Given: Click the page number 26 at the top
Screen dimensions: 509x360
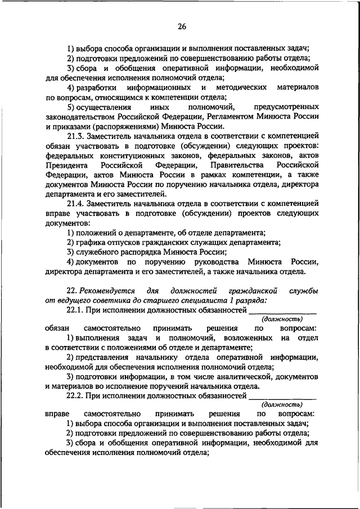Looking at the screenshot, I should (182, 27).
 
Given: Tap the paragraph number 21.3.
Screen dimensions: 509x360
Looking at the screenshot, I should (77, 136).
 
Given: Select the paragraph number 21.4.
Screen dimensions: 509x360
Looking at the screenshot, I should (77, 202).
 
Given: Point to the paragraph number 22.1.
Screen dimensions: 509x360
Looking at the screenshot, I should (77, 309).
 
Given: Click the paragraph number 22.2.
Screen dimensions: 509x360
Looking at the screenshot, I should (77, 395).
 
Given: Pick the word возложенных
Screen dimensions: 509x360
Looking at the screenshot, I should (245, 338).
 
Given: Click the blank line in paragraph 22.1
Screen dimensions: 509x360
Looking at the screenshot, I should (283, 311).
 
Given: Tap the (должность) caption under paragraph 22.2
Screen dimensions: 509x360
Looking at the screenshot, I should (282, 404).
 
